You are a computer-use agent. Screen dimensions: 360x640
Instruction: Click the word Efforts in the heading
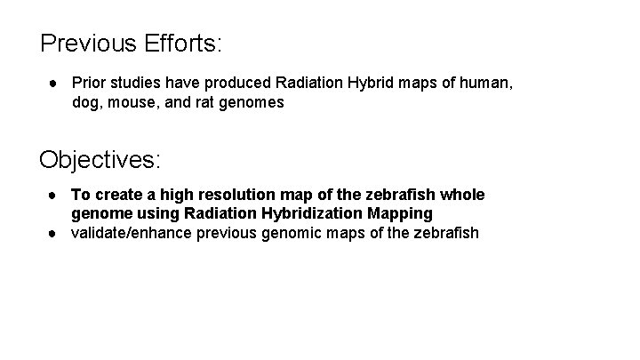[184, 42]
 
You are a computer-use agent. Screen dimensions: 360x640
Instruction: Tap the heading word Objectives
[100, 160]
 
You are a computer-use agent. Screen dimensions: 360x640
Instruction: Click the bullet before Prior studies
[54, 83]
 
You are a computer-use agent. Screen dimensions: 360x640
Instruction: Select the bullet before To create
[54, 194]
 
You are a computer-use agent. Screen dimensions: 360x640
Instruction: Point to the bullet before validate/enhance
[54, 233]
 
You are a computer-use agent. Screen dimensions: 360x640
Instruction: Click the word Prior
[88, 83]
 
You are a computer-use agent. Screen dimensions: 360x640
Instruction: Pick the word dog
[86, 102]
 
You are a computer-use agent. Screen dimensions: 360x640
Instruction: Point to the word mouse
[134, 102]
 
